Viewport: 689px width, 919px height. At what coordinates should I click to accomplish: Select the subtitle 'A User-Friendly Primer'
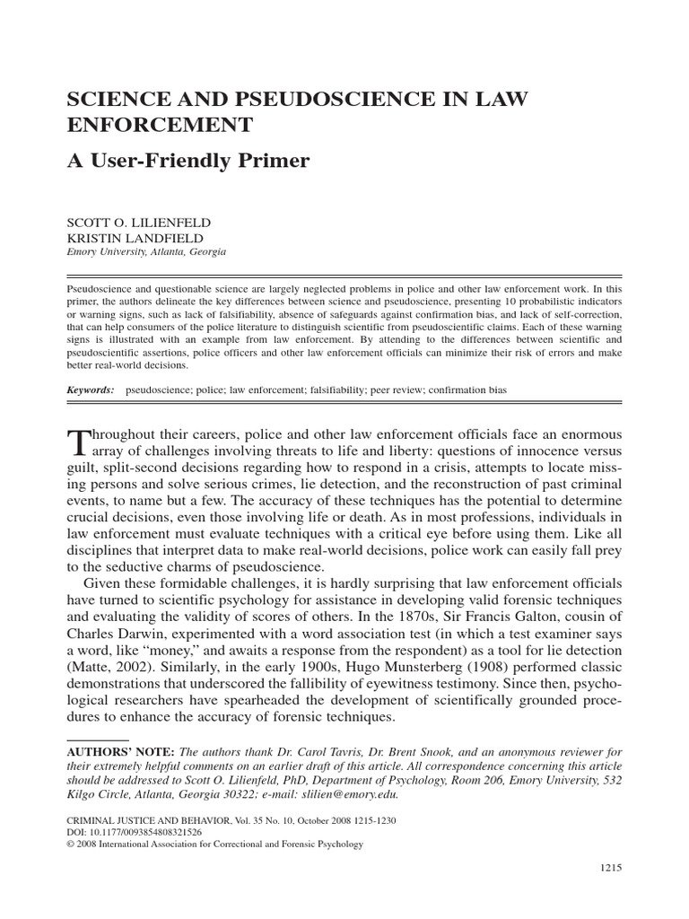pos(188,161)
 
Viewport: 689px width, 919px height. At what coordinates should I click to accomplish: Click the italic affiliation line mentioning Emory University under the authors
pos(147,252)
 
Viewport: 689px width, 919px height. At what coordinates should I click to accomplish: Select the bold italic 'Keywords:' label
pos(92,391)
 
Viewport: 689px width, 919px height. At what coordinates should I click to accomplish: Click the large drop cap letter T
pos(80,442)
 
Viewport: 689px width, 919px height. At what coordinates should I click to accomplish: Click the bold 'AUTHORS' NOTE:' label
pos(121,751)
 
